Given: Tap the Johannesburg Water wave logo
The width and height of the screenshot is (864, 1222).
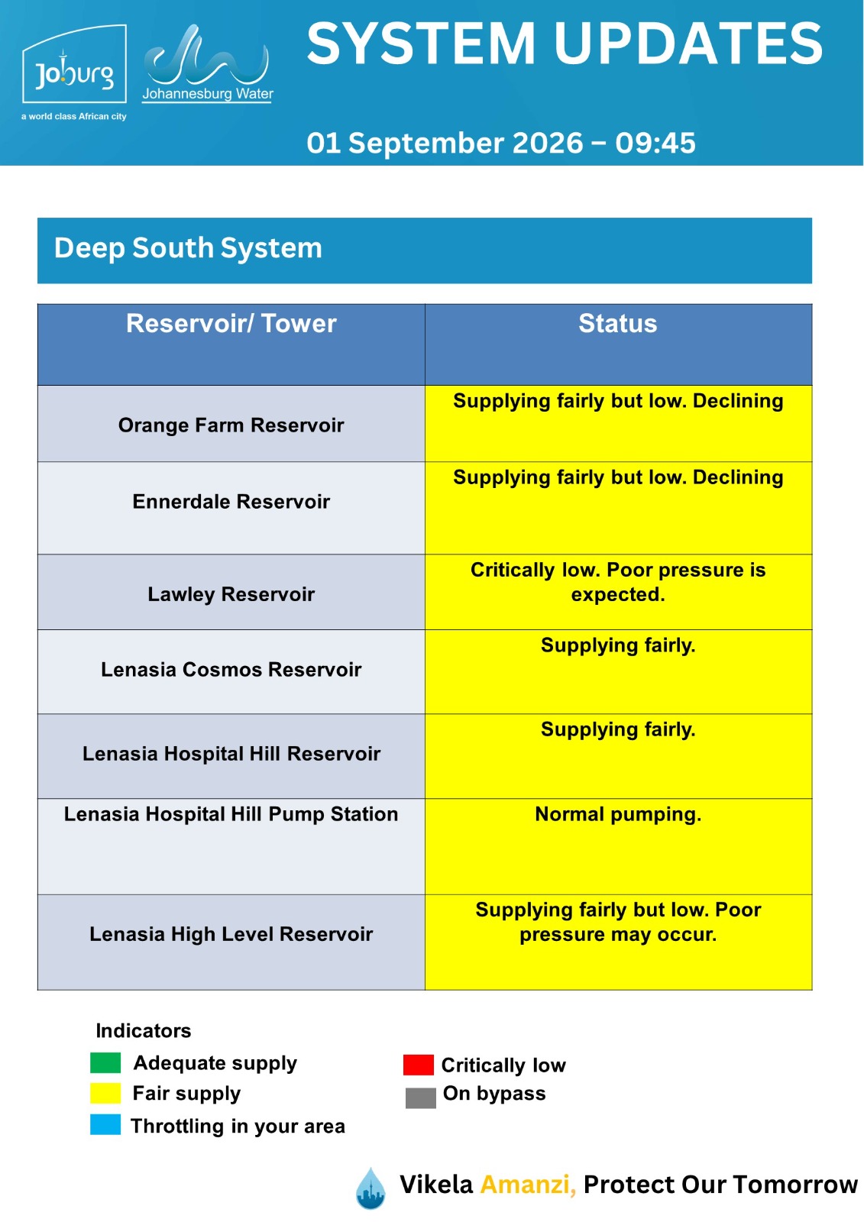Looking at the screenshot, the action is (x=207, y=63).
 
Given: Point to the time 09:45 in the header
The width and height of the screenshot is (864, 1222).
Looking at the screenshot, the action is (x=655, y=143).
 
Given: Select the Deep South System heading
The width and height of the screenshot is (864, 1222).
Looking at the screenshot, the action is (x=188, y=247).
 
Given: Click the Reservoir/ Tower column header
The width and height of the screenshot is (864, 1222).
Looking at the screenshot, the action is (x=231, y=324).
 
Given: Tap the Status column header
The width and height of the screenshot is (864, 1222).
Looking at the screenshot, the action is (x=618, y=324).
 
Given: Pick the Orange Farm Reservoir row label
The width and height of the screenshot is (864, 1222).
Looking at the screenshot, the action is (x=231, y=425).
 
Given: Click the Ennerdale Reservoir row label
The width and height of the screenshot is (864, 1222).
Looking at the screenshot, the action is (x=231, y=501).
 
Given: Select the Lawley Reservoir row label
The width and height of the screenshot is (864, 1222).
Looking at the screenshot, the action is (x=231, y=594).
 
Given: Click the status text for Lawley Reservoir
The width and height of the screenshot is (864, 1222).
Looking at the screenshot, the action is (x=618, y=582).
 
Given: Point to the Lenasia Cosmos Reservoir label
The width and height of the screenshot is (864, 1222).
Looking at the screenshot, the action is (x=231, y=669).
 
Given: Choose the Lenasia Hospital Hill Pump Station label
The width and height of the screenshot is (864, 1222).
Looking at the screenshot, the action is (x=231, y=814).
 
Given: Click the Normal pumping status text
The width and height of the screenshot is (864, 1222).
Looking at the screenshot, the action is (x=618, y=814).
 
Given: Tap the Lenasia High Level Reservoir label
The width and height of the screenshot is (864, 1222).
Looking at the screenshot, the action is (x=231, y=934).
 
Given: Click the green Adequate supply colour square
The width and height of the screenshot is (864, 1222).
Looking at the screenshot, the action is (x=105, y=1062).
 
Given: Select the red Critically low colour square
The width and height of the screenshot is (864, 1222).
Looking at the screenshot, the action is (x=418, y=1065).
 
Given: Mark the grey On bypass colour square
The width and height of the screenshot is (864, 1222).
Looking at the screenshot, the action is (x=420, y=1098).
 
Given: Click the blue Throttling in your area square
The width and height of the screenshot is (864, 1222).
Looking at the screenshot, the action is (x=105, y=1125).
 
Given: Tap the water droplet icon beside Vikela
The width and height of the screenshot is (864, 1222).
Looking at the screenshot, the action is (x=370, y=1188).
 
